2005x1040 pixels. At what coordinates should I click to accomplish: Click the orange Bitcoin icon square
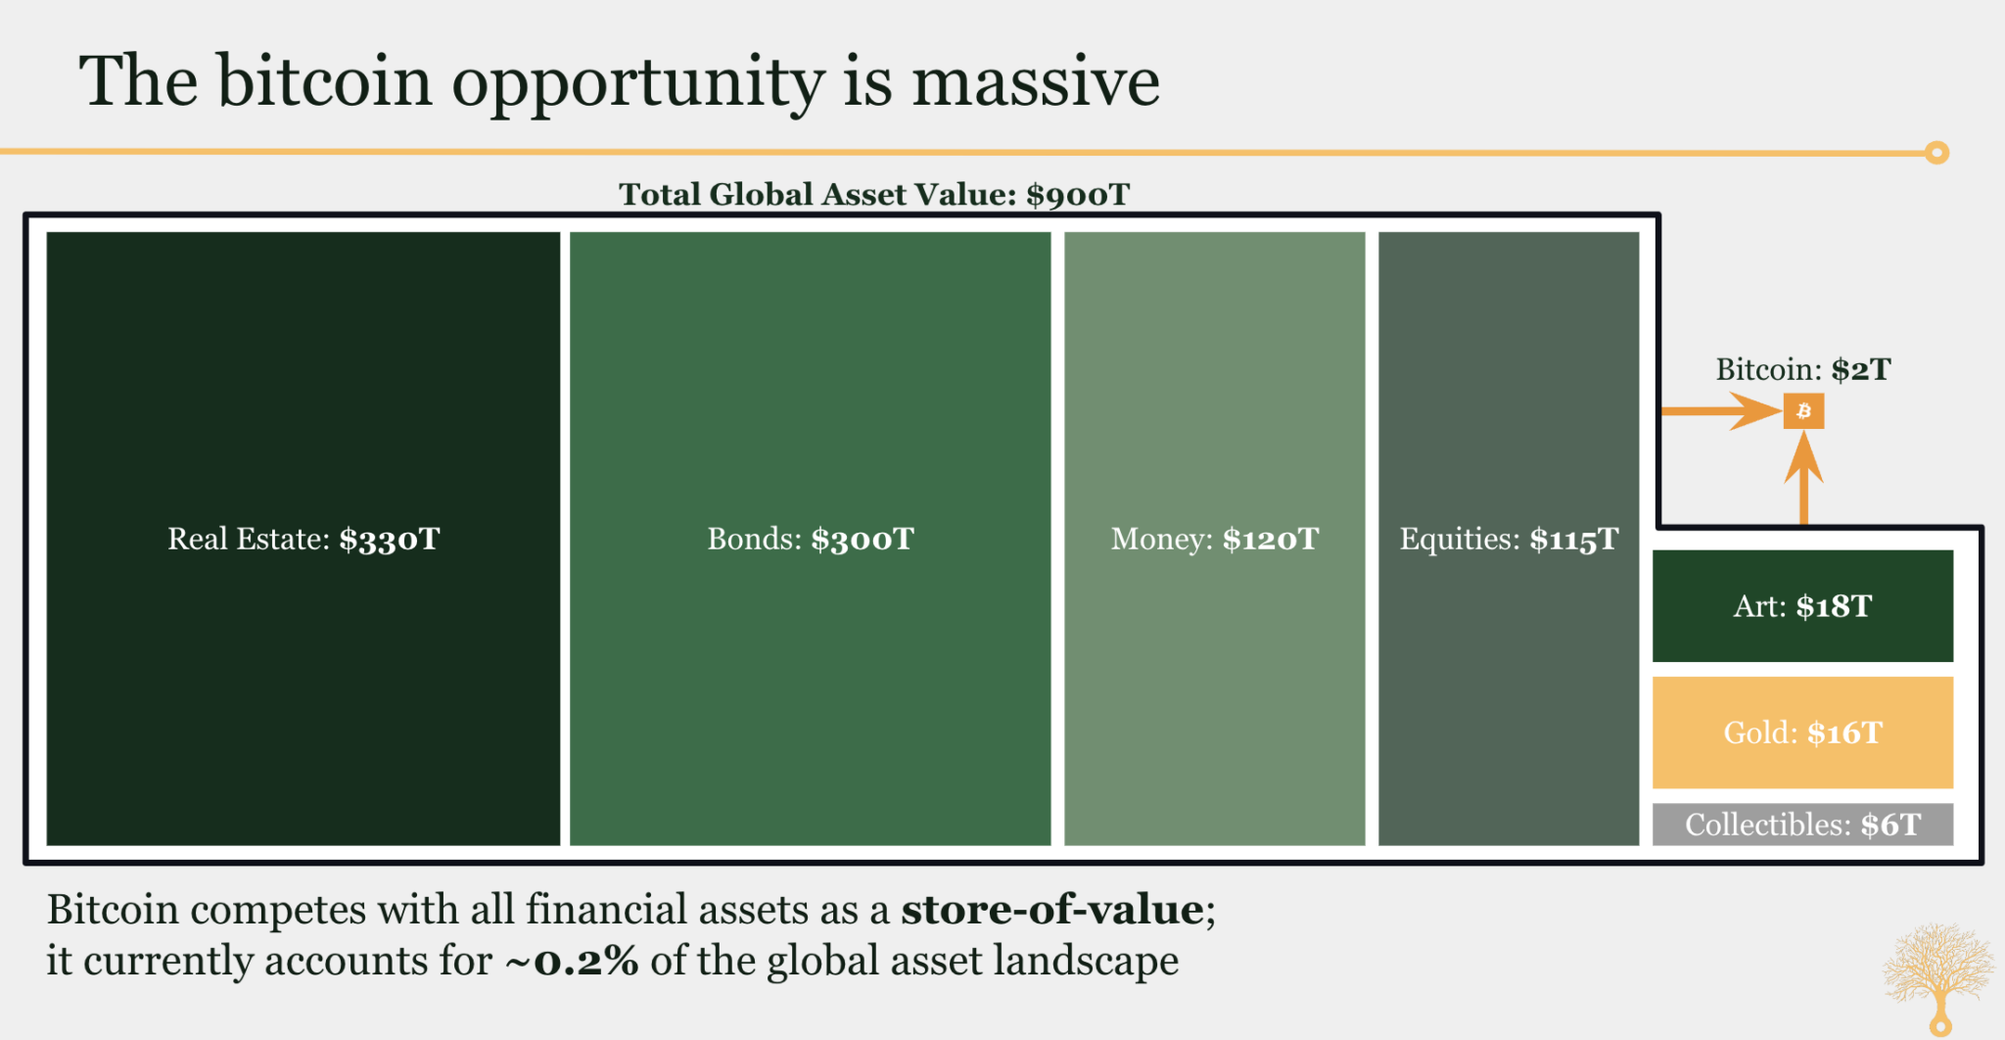1803,411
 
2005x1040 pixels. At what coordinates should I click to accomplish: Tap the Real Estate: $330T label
303,539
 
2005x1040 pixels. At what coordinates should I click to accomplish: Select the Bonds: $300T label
811,539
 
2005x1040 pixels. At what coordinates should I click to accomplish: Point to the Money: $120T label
1215,539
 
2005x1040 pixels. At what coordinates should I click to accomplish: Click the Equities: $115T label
1509,539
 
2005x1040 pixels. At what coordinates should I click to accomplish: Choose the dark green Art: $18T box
1802,606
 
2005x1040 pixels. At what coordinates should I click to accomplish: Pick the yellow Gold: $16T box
1802,733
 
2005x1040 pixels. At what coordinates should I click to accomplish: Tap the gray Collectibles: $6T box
1802,825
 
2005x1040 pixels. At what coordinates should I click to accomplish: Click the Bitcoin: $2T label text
1803,369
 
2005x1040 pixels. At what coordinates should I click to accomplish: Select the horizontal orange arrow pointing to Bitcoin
1721,411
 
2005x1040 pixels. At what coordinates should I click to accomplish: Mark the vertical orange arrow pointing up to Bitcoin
1803,478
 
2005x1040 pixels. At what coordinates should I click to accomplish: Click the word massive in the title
1036,81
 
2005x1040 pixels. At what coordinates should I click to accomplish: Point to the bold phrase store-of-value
1052,910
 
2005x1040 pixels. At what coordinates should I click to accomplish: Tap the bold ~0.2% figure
572,961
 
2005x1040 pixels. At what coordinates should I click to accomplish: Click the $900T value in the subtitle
1078,194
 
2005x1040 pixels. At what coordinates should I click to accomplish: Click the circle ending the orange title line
1936,153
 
